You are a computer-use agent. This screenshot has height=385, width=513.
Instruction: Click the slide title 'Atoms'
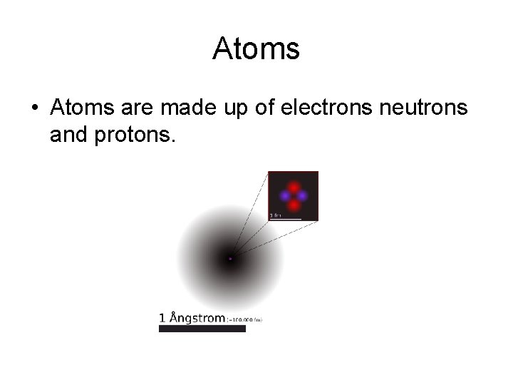point(256,49)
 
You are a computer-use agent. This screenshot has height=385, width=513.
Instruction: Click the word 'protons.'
point(133,135)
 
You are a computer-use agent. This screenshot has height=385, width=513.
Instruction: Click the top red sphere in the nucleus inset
point(293,188)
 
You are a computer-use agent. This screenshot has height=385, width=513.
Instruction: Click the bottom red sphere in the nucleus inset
point(293,204)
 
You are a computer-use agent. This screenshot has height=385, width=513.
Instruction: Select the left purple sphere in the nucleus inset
point(285,195)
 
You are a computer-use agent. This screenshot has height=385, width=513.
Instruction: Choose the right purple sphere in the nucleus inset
point(301,195)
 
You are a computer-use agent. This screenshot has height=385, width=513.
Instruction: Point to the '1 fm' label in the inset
point(274,215)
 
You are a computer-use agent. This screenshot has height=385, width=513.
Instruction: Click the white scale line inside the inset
point(285,218)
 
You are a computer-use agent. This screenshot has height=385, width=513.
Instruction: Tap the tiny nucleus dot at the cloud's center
point(230,259)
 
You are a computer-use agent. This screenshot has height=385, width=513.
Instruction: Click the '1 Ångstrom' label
point(192,318)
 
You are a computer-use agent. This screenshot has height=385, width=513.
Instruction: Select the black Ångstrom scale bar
point(202,329)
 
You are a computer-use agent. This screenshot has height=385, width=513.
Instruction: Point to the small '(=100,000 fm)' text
point(244,320)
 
